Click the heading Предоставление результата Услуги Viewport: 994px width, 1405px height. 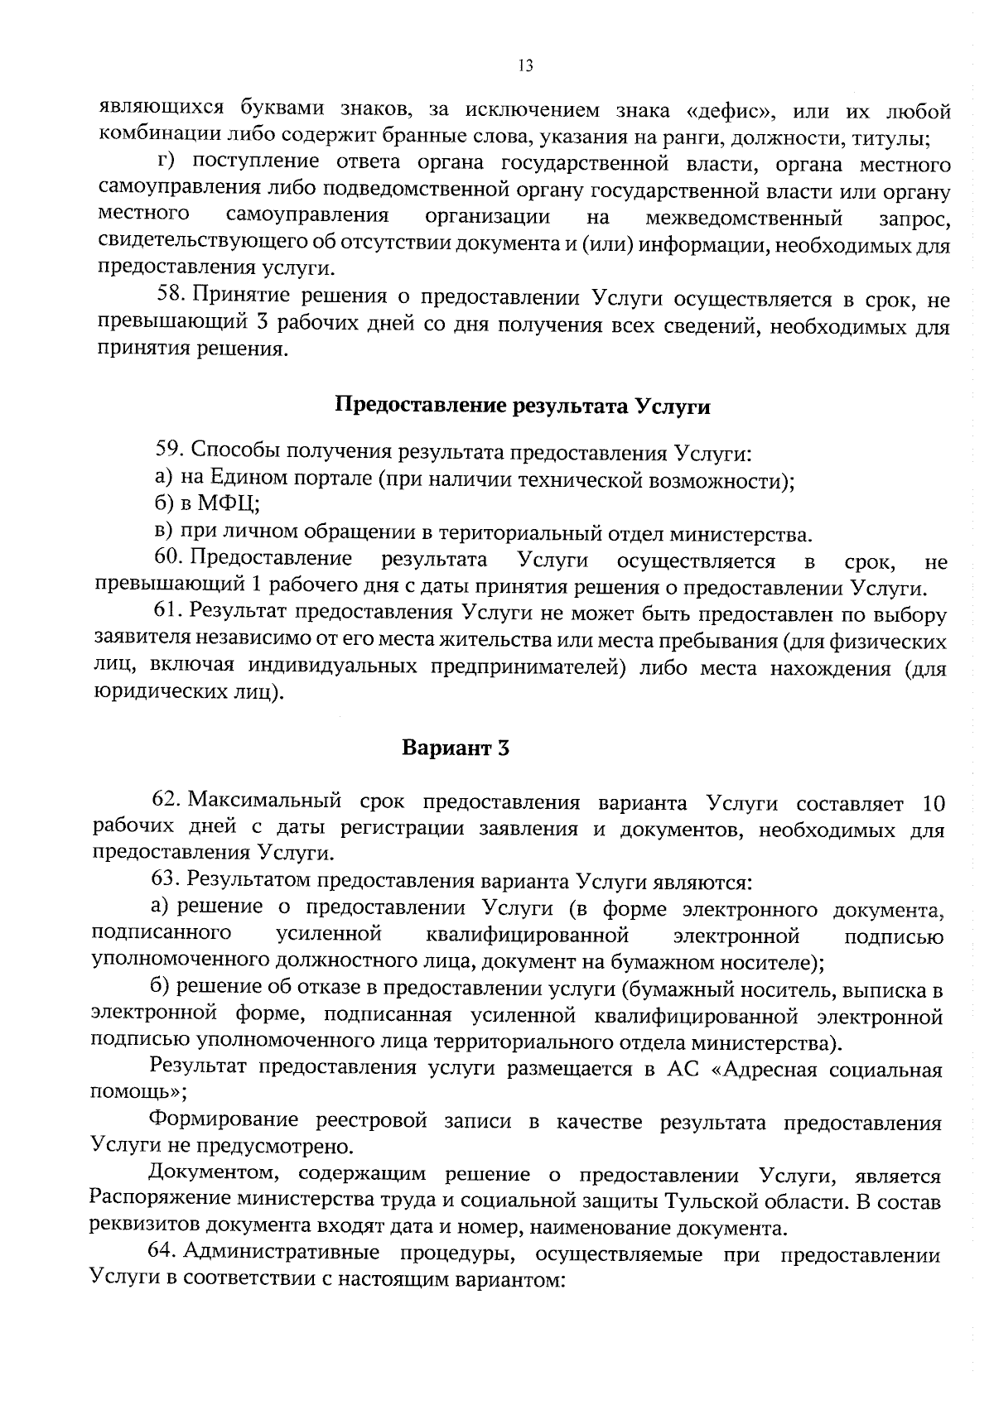pyautogui.click(x=524, y=407)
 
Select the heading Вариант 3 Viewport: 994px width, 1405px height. pyautogui.click(x=455, y=748)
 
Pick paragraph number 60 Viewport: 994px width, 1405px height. pyautogui.click(x=169, y=560)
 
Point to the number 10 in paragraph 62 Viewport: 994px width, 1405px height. pyautogui.click(x=933, y=802)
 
